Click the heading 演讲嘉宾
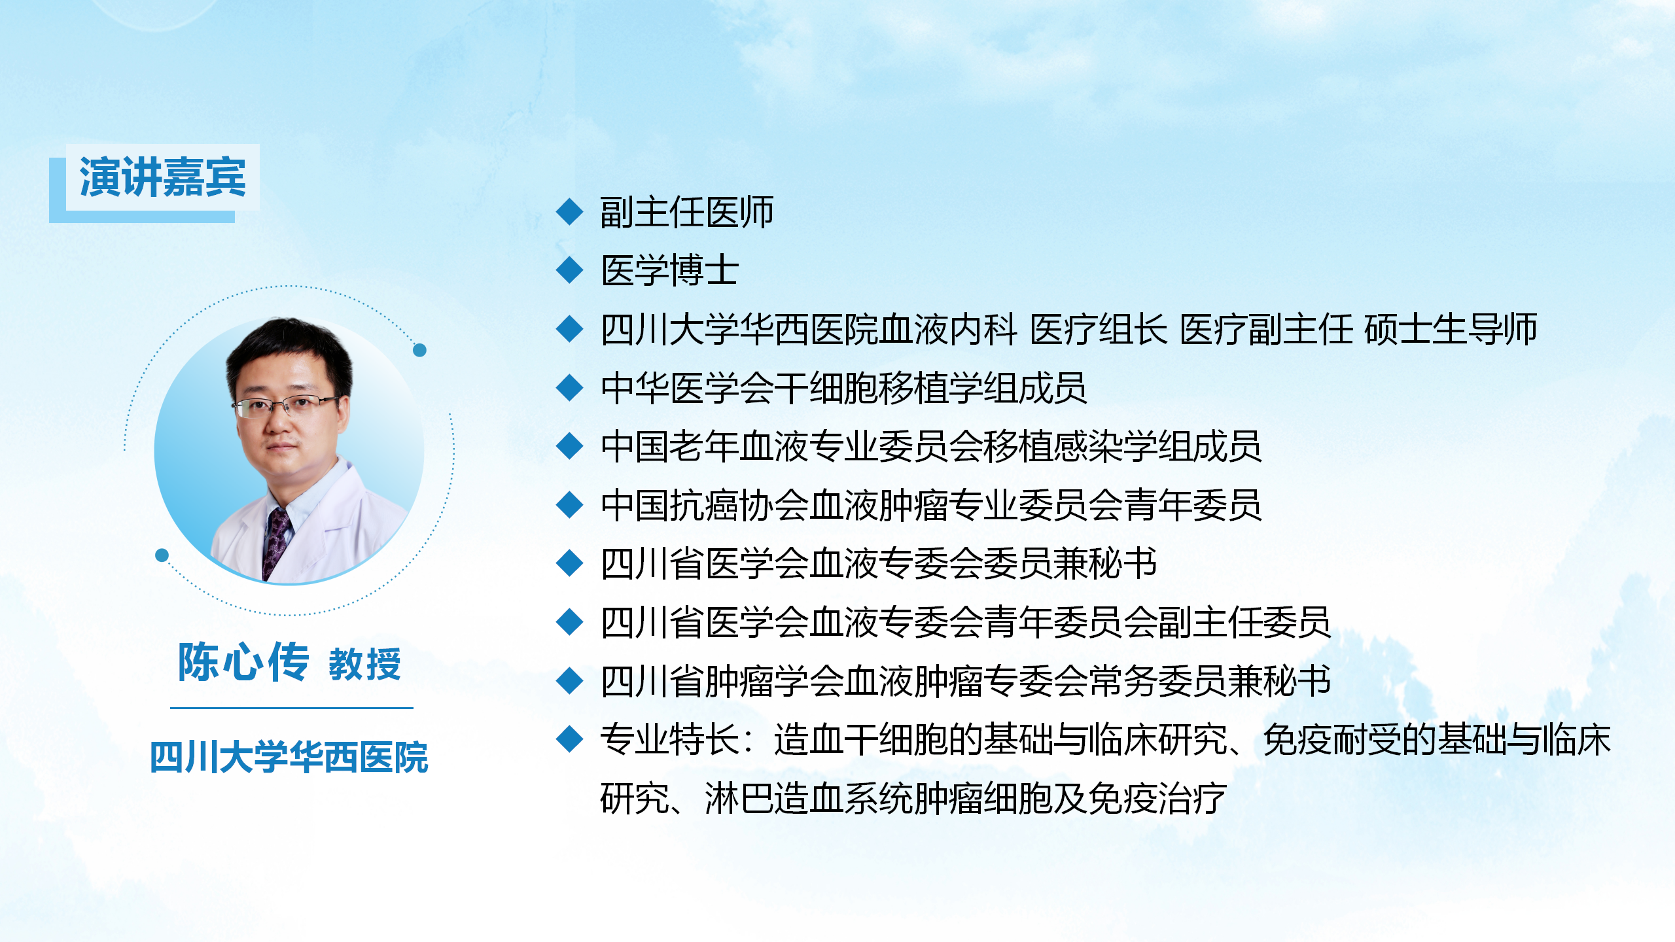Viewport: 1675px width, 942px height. [x=163, y=177]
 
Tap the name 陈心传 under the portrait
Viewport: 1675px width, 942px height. [x=243, y=662]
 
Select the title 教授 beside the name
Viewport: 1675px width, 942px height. [x=364, y=665]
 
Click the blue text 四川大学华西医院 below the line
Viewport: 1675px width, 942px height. [x=289, y=758]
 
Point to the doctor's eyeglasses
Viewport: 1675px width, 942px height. [x=286, y=406]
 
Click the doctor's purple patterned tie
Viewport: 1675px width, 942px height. [x=276, y=542]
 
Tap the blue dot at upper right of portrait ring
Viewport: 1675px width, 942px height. [x=420, y=350]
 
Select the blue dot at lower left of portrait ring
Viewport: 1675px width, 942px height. [x=162, y=555]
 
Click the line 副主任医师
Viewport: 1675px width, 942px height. [x=687, y=212]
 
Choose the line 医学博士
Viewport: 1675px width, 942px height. [x=670, y=270]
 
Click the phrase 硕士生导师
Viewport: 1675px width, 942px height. [x=1451, y=329]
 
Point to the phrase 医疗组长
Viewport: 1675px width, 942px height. [x=1099, y=329]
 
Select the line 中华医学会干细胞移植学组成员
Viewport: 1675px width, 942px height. [x=844, y=388]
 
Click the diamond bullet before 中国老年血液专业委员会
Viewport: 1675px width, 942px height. [x=569, y=446]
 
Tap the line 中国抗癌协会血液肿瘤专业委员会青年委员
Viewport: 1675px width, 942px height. [x=931, y=505]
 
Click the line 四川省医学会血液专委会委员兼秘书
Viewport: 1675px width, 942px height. [x=879, y=563]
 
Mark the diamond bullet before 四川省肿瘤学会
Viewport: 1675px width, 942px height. [x=569, y=681]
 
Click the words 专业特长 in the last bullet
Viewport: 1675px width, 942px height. [x=670, y=740]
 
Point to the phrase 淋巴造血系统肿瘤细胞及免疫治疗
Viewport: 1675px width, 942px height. [x=966, y=798]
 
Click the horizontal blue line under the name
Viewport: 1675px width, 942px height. [x=292, y=708]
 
